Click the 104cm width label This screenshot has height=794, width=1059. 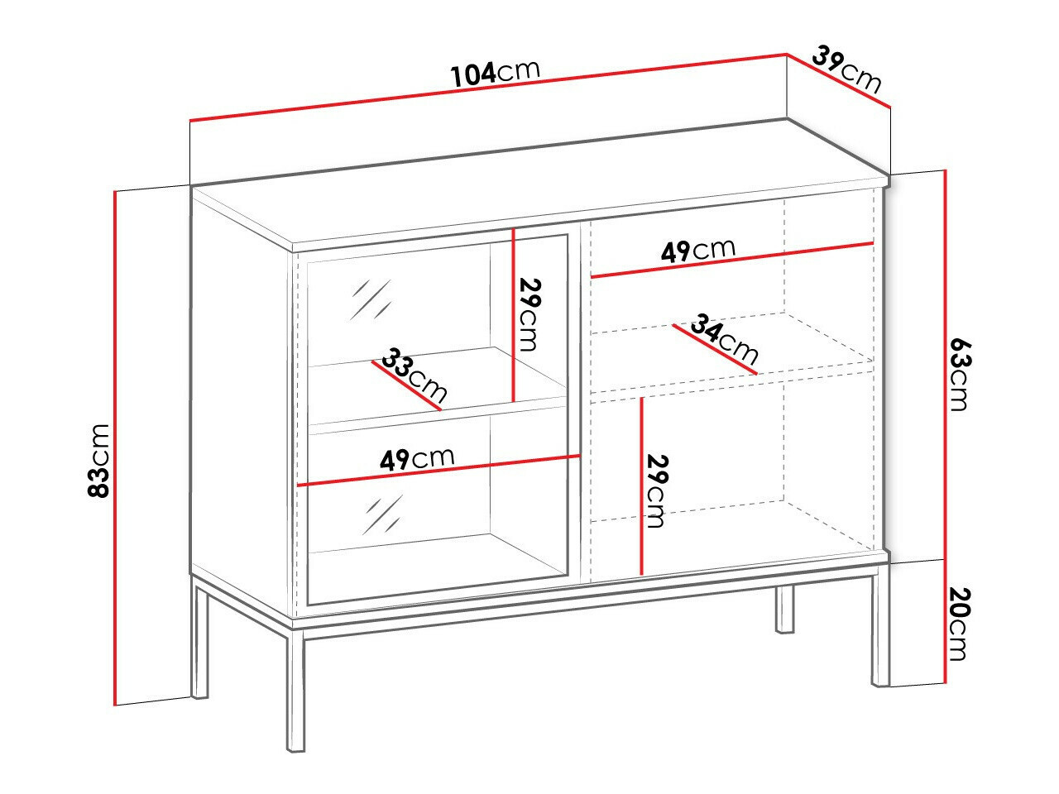[x=495, y=73]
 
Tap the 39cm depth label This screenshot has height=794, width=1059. [x=846, y=69]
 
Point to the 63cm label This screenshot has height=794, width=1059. [x=958, y=372]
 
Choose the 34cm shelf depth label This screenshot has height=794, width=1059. [x=725, y=338]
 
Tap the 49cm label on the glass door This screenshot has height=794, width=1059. [x=417, y=459]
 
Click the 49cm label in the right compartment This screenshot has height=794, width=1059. [x=697, y=251]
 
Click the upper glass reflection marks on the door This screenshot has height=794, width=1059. [x=372, y=300]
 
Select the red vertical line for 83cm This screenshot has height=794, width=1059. [x=113, y=447]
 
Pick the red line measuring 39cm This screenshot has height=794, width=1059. [x=837, y=80]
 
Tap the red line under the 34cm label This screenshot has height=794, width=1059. [x=715, y=349]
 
